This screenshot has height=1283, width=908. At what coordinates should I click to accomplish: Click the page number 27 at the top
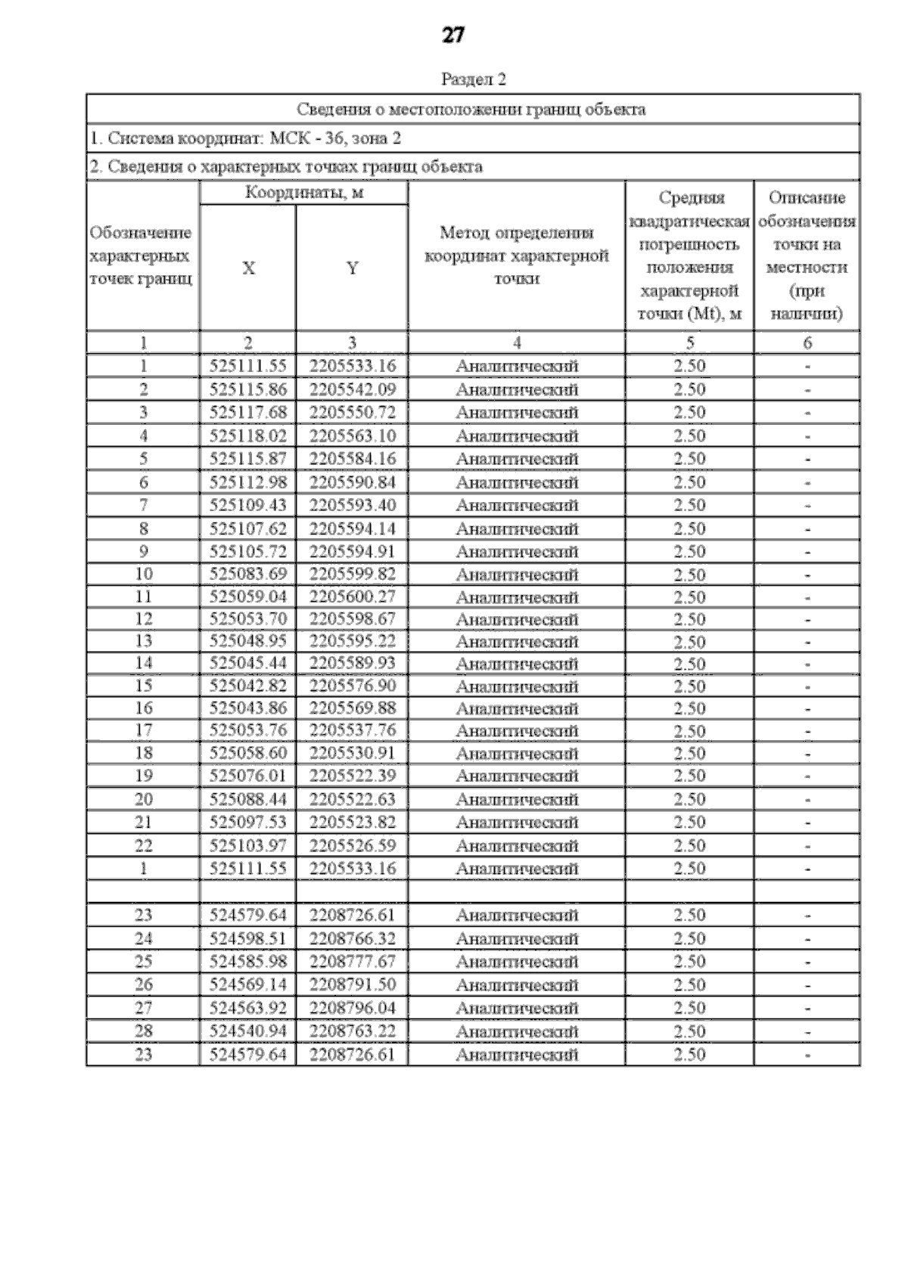452,36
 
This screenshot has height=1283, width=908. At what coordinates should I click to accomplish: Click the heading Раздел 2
473,79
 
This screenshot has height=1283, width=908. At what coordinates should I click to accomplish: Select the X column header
248,268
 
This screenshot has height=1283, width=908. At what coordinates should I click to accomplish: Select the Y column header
352,268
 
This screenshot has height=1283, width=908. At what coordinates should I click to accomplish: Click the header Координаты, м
304,193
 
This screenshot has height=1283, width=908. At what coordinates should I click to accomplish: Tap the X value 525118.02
248,436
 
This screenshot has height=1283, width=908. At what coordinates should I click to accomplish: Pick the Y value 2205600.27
352,597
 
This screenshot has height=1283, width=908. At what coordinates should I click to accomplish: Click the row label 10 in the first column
144,575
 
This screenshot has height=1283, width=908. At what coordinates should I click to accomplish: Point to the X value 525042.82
248,686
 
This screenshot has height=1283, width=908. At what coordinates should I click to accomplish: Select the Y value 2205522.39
352,776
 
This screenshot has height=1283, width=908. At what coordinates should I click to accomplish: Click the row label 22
144,845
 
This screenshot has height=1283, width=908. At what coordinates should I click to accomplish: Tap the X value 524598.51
248,939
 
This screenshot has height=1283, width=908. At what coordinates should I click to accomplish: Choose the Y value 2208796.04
352,1008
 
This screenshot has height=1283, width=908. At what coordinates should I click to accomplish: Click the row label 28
144,1031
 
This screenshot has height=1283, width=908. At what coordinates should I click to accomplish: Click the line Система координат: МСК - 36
245,138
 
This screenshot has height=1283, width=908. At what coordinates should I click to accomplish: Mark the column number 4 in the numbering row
517,342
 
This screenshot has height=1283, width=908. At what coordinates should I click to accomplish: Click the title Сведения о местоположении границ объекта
471,110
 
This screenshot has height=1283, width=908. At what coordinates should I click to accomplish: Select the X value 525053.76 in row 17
248,730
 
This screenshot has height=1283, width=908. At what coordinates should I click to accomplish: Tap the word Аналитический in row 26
517,985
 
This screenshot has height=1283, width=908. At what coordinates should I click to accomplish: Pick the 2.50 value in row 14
689,665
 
